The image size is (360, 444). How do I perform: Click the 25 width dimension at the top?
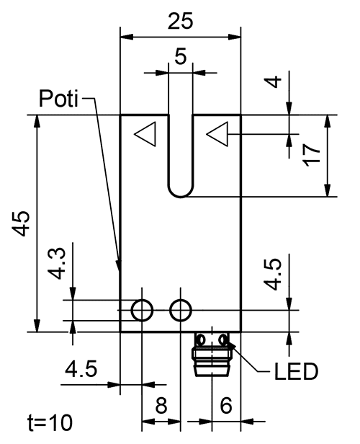(x=180, y=22)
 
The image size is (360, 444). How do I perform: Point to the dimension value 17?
(x=311, y=155)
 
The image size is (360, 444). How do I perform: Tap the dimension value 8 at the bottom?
(x=161, y=407)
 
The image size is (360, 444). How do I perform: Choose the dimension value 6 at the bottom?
(x=225, y=407)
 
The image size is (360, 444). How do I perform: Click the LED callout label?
(x=296, y=373)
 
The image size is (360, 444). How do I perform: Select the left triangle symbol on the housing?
(x=146, y=135)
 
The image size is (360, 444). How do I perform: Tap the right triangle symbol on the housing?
(x=217, y=133)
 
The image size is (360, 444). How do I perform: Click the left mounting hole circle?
(x=142, y=310)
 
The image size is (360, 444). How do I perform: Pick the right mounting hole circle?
(x=180, y=310)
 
